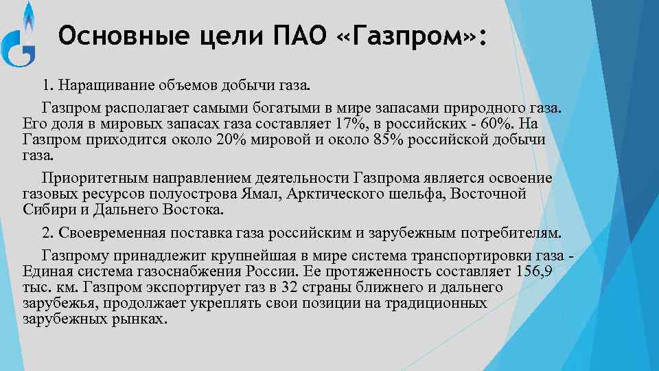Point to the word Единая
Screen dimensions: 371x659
click(46, 271)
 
